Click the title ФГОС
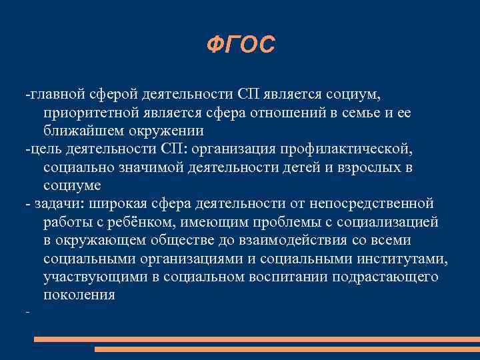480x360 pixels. [240, 45]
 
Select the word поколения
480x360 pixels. [79, 294]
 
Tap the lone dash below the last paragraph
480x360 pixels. [27, 312]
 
